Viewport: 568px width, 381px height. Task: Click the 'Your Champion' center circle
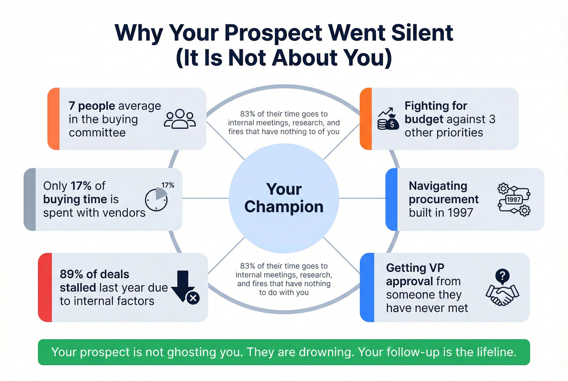click(x=284, y=198)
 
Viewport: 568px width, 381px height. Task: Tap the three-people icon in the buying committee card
click(x=180, y=119)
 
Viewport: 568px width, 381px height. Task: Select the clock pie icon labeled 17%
click(x=156, y=199)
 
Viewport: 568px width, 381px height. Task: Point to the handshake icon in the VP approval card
click(x=502, y=295)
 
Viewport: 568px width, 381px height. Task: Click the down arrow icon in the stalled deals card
click(x=183, y=285)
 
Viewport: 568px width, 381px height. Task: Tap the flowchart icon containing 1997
click(x=514, y=199)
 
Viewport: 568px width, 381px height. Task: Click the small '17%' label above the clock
click(x=168, y=185)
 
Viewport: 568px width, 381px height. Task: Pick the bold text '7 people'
click(x=92, y=106)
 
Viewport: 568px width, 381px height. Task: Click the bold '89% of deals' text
click(x=95, y=274)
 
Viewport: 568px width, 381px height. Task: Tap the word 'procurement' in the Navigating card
click(x=443, y=199)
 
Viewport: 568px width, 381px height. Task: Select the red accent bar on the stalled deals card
click(x=45, y=287)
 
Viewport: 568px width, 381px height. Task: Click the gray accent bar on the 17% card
click(x=30, y=199)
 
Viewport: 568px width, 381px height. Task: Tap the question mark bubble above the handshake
click(x=502, y=276)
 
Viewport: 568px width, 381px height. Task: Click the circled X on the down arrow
click(x=193, y=298)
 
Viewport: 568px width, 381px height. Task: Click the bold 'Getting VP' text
click(x=415, y=268)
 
